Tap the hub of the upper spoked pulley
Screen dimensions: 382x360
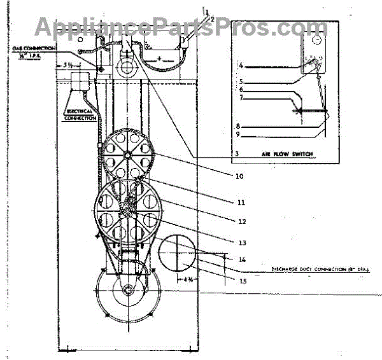pos(127,155)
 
